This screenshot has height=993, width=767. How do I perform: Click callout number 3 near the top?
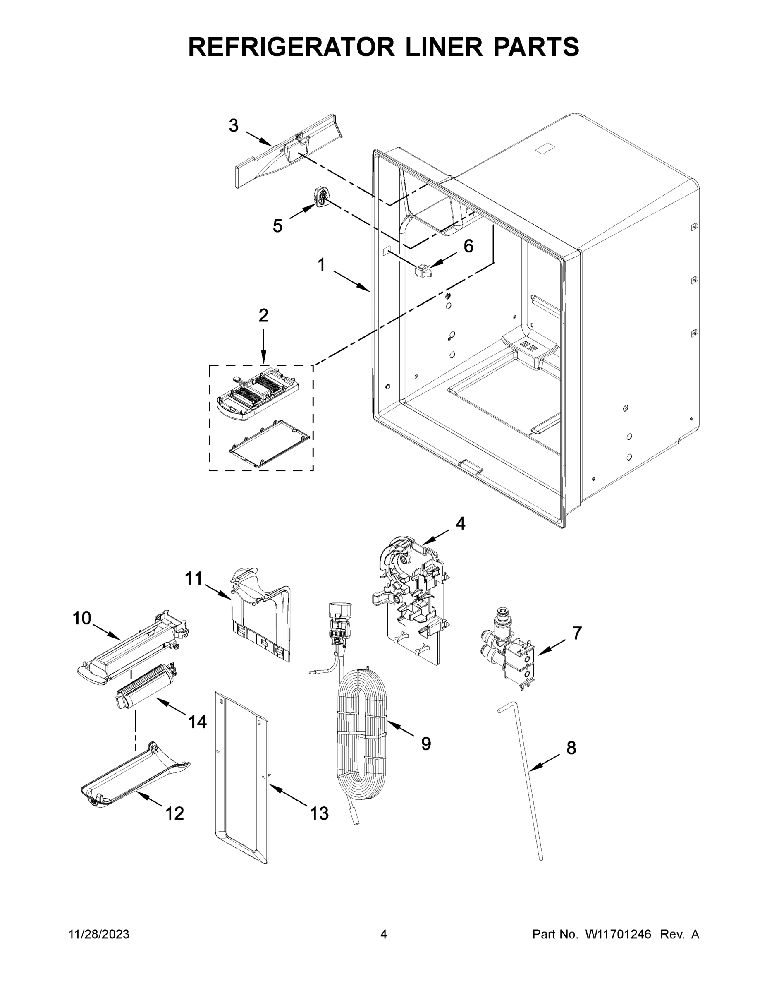point(233,125)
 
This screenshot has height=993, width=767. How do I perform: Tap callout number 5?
point(277,225)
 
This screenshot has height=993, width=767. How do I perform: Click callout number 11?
point(194,579)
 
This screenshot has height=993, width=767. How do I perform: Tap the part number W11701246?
point(618,934)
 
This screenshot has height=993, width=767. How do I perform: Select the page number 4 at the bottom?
point(384,934)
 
